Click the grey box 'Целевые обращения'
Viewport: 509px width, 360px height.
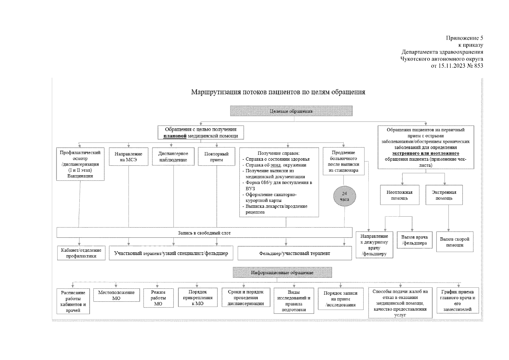click(291, 111)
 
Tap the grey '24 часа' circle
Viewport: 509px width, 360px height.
click(344, 196)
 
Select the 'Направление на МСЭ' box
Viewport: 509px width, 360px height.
click(128, 157)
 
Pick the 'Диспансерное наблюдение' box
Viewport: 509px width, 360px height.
click(173, 157)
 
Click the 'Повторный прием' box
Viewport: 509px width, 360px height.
click(216, 157)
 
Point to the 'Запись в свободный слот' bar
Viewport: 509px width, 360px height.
click(204, 233)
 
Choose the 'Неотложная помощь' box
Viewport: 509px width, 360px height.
click(399, 195)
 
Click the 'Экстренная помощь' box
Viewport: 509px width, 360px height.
click(444, 195)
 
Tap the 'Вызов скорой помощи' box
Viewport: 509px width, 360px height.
click(454, 242)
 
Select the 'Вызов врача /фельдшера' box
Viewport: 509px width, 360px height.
click(415, 240)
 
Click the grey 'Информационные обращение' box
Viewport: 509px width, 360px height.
click(282, 273)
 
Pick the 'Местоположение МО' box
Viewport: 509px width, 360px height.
click(116, 295)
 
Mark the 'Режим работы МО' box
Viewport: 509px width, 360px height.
click(158, 298)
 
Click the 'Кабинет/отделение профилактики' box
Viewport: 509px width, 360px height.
click(81, 253)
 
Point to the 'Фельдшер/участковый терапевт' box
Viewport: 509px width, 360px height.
click(294, 253)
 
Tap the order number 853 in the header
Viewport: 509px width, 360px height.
click(478, 66)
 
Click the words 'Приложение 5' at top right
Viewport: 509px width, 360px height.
click(464, 38)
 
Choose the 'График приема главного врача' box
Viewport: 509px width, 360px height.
click(457, 300)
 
